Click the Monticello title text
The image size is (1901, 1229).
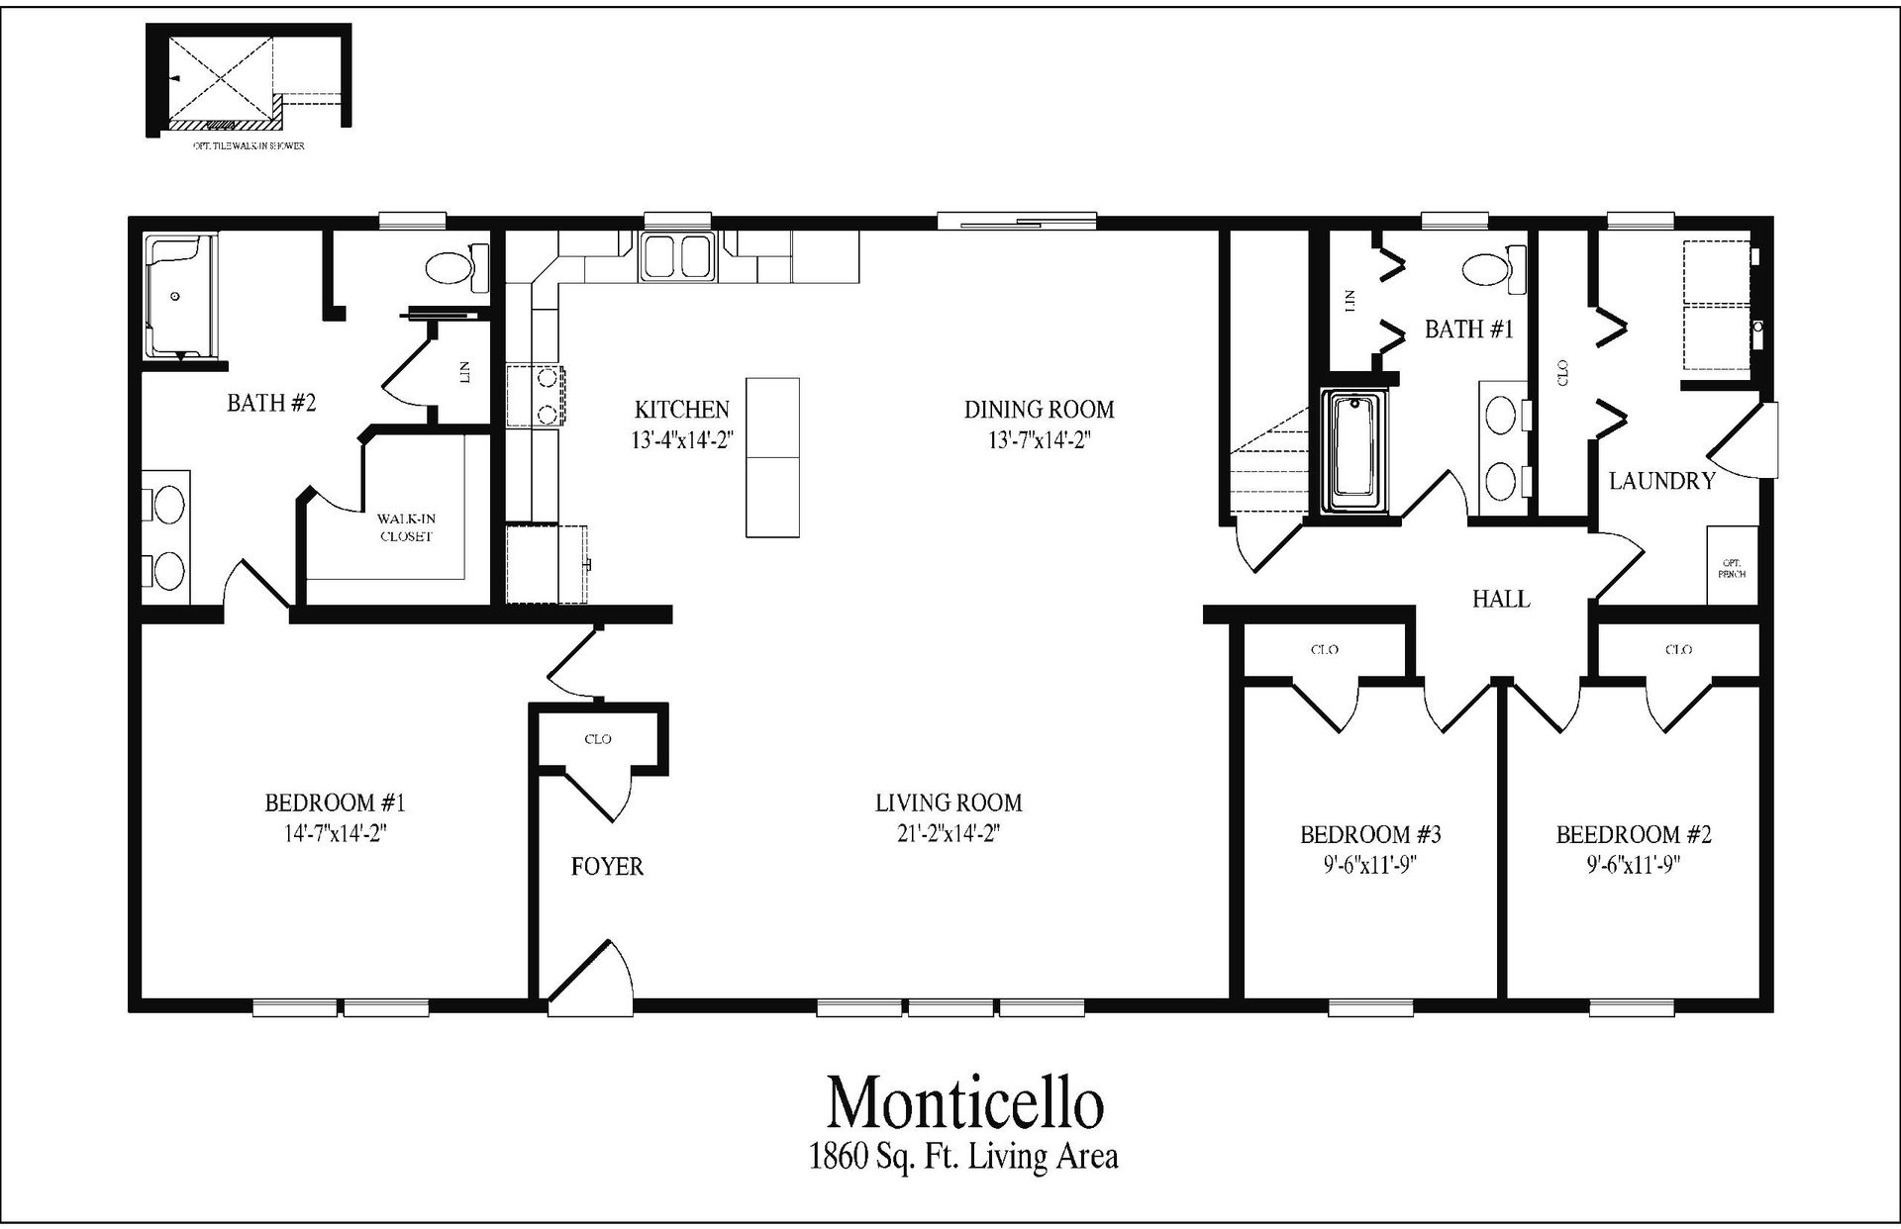964,1103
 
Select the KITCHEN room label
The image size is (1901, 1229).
681,409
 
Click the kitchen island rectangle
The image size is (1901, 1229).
772,457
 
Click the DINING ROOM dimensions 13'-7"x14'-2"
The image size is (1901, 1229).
1039,440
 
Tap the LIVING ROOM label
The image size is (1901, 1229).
949,803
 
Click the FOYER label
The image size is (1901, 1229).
607,867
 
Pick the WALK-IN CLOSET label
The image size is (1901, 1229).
406,527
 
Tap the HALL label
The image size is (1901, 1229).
1500,599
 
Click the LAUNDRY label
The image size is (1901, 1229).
1661,482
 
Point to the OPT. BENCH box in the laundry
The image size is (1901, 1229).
1732,566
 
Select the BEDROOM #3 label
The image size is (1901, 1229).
1370,834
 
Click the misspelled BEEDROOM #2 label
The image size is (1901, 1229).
1634,834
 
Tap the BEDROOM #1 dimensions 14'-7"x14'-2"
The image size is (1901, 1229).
335,833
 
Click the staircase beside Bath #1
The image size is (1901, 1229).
1267,465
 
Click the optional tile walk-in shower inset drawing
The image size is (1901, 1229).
248,79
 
